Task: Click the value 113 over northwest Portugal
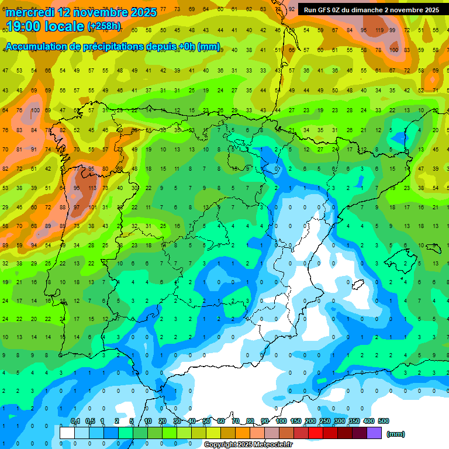coord(91,188)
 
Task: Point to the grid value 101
coord(92,207)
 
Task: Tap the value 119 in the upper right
coord(379,30)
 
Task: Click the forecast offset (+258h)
coord(104,26)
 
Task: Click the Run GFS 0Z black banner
coord(371,10)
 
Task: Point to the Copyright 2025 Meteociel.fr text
coord(248,445)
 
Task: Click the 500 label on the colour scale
coord(383,421)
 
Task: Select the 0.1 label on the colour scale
coord(75,421)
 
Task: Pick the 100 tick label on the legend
coord(281,421)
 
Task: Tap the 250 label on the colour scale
coord(324,421)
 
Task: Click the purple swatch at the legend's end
coord(374,433)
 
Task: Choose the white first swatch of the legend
coord(67,433)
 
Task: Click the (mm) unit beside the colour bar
coord(395,434)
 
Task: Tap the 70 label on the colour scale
coord(235,421)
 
